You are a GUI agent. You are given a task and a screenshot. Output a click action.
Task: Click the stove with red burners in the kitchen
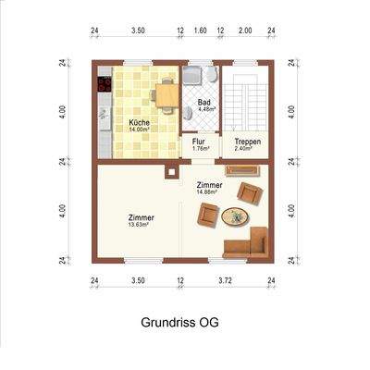(x=103, y=86)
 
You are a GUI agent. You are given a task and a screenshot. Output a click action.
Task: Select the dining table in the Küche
(x=166, y=92)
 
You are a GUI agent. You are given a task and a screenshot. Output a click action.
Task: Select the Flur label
(x=198, y=142)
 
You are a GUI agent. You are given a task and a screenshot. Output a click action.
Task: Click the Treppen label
(x=247, y=142)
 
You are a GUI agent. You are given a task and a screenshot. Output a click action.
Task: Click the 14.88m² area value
(x=210, y=192)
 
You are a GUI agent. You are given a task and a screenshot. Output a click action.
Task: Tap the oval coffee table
(x=234, y=217)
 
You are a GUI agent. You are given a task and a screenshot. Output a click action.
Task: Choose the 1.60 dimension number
(x=201, y=31)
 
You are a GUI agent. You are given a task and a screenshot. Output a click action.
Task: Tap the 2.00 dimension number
(x=245, y=31)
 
